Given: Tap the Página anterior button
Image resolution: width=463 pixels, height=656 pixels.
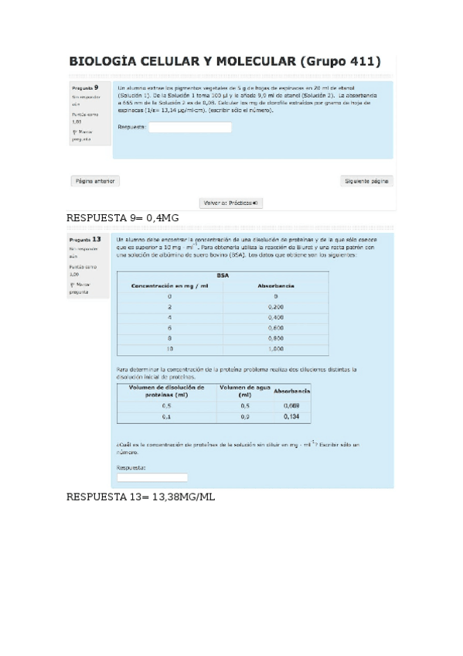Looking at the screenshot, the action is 95,181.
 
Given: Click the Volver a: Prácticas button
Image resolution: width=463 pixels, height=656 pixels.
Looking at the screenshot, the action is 232,203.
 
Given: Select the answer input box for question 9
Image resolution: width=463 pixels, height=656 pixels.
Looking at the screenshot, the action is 189,128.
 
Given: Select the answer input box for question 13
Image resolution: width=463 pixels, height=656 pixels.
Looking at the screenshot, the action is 152,477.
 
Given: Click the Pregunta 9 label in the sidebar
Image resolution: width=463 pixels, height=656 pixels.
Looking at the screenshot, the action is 84,88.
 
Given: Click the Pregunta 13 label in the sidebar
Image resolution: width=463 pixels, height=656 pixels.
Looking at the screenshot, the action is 85,239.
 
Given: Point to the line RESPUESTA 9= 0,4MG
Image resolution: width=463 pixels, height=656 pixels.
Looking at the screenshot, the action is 123,217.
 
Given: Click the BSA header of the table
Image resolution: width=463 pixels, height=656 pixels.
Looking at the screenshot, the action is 223,275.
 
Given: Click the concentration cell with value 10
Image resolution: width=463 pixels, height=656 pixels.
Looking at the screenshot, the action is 169,349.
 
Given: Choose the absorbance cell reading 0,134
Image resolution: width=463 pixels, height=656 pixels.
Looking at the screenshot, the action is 291,416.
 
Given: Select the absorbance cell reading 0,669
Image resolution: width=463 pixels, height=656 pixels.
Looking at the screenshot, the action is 291,405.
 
